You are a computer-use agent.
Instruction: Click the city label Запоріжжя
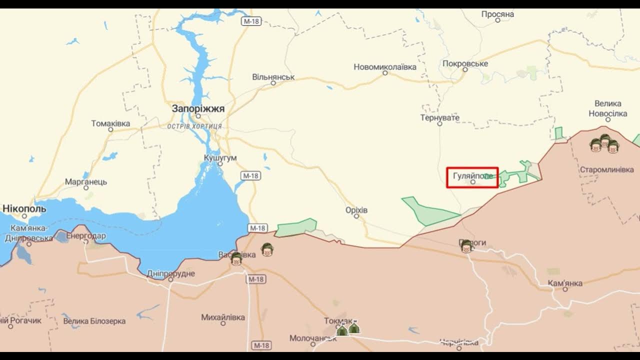pos(198,108)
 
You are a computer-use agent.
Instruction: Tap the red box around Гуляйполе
pos(472,177)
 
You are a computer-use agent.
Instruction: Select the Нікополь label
pos(24,208)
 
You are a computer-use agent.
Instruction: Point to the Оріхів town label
pos(356,210)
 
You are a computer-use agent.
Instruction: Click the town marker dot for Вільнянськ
pos(273,83)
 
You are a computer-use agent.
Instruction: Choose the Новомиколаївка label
pos(384,67)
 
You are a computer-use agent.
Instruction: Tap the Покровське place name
pos(465,63)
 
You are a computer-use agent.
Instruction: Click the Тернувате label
pos(439,117)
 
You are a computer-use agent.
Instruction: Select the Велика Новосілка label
pos(608,108)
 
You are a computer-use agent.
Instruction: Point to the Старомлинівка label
pos(606,169)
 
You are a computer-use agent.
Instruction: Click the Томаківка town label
pos(110,123)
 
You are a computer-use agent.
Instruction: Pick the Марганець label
pos(86,181)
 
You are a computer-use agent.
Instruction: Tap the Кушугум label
pos(220,158)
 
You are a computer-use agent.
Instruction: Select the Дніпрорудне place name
pos(171,273)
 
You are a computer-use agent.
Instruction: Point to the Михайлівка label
pos(223,317)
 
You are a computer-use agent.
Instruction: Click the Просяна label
pos(497,14)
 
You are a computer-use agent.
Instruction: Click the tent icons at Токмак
pos(348,329)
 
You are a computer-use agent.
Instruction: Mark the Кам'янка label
pos(565,283)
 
